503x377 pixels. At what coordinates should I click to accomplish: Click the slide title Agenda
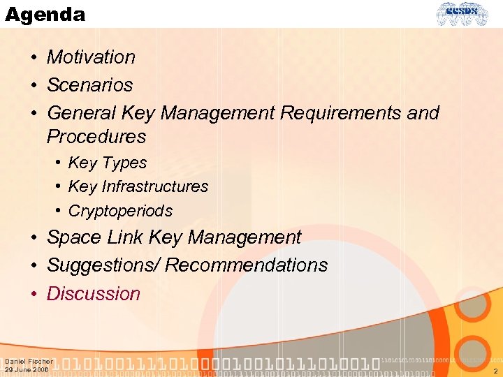(45, 15)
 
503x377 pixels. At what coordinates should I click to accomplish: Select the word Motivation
(91, 57)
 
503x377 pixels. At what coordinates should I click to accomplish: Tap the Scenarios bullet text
(89, 85)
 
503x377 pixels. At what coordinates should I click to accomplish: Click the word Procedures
(96, 137)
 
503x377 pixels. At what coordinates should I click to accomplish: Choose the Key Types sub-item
(108, 163)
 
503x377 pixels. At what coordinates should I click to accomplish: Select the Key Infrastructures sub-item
(138, 187)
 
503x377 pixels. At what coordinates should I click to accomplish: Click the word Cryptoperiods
(120, 211)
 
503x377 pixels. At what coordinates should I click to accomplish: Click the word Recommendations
(246, 266)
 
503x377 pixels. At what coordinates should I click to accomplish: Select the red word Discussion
(94, 294)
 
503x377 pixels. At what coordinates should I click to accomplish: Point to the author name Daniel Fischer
(29, 362)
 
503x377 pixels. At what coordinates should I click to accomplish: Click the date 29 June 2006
(27, 370)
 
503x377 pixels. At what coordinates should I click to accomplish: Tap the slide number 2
(495, 371)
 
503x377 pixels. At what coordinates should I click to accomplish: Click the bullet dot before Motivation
(34, 58)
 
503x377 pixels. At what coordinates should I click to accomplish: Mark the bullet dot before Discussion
(34, 295)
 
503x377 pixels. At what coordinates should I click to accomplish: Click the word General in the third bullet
(81, 113)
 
